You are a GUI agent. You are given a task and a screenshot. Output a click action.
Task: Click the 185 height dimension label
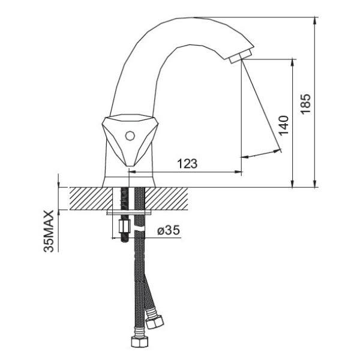[x=306, y=104]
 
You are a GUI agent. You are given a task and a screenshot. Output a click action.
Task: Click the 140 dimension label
[x=283, y=125]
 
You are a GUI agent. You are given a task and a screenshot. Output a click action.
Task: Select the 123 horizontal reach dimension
[x=187, y=163]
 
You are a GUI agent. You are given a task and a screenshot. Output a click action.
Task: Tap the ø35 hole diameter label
[x=169, y=230]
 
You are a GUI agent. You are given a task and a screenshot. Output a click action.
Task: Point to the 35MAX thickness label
[x=49, y=231]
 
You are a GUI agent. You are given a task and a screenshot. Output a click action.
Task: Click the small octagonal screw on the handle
[x=130, y=136]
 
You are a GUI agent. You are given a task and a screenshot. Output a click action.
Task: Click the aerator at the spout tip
[x=241, y=56]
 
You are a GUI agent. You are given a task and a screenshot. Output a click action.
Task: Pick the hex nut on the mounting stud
[x=125, y=226]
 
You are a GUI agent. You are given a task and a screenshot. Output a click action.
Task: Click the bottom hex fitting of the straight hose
[x=140, y=341]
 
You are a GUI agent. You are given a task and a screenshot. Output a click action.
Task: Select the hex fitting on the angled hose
[x=155, y=322]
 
